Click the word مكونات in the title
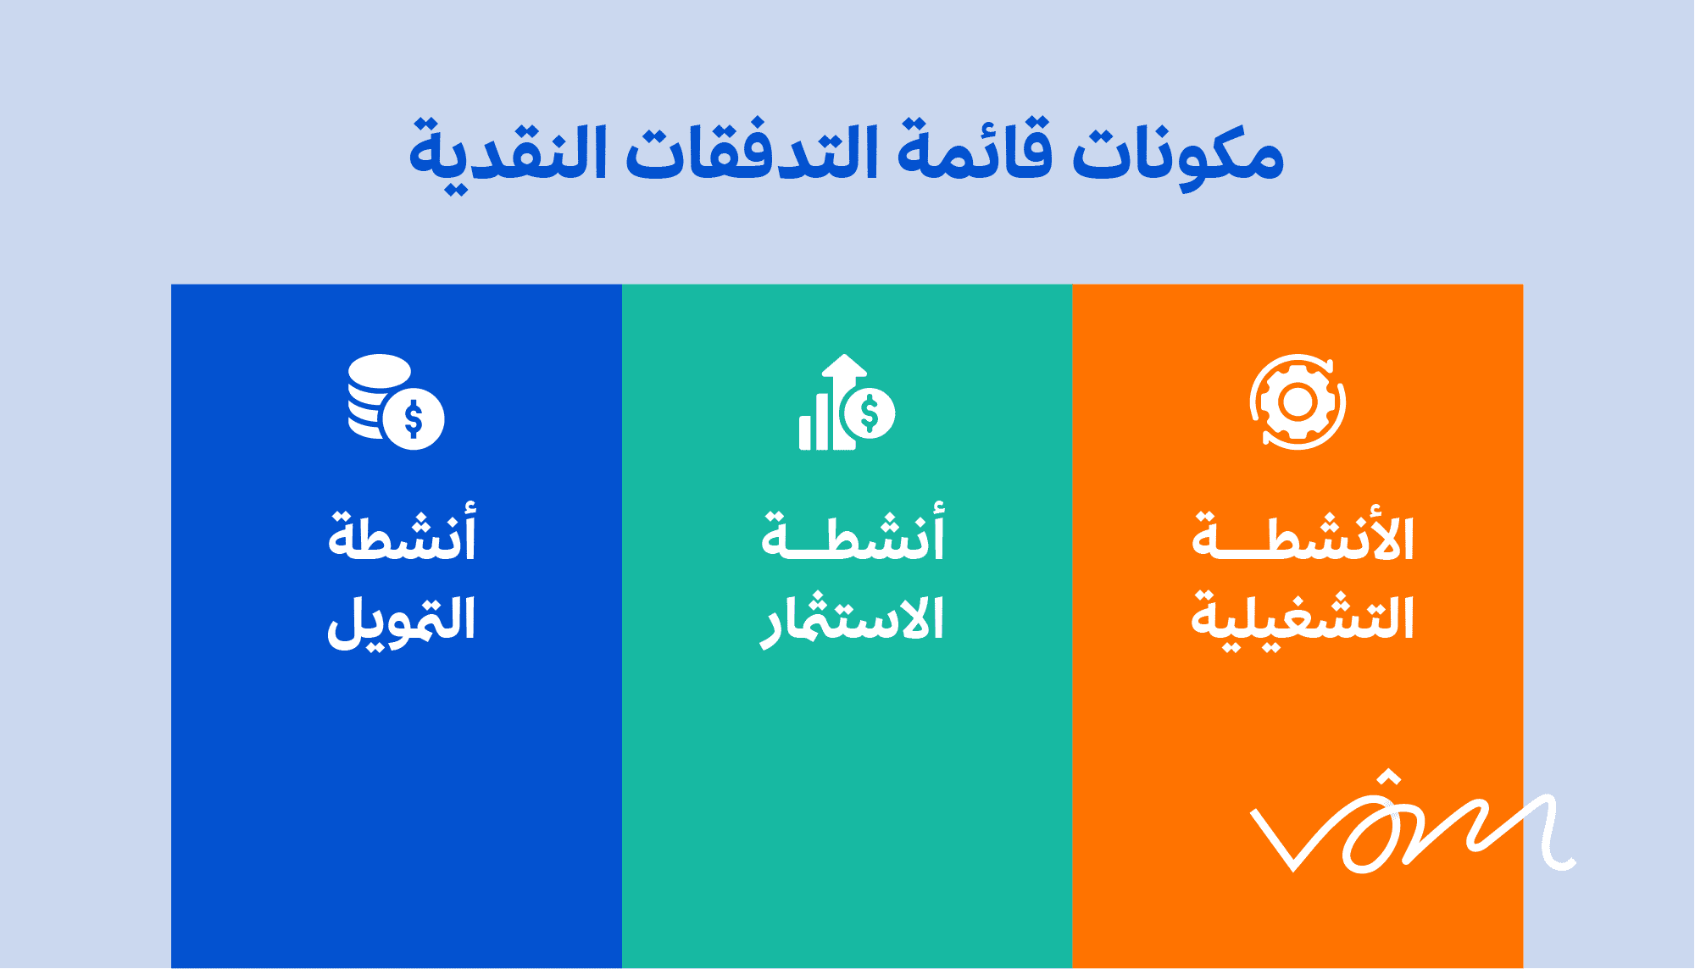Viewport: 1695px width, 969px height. click(x=1178, y=155)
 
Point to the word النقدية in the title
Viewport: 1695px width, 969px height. click(x=508, y=157)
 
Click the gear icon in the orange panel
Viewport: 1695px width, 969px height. click(x=1298, y=401)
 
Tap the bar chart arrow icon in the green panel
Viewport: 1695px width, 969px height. click(x=847, y=401)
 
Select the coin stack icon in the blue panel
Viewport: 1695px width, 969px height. click(x=396, y=401)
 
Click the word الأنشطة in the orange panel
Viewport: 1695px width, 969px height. click(x=1303, y=534)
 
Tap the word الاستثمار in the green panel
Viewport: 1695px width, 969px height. click(x=852, y=618)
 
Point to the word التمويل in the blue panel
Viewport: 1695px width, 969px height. click(x=402, y=621)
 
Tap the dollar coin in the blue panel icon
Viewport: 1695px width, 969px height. click(x=414, y=418)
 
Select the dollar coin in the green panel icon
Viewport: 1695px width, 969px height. click(x=869, y=413)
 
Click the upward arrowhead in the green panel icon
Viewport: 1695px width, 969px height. click(x=844, y=365)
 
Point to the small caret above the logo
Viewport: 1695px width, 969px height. click(x=1389, y=776)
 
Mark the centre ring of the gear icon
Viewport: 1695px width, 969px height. click(x=1298, y=402)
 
